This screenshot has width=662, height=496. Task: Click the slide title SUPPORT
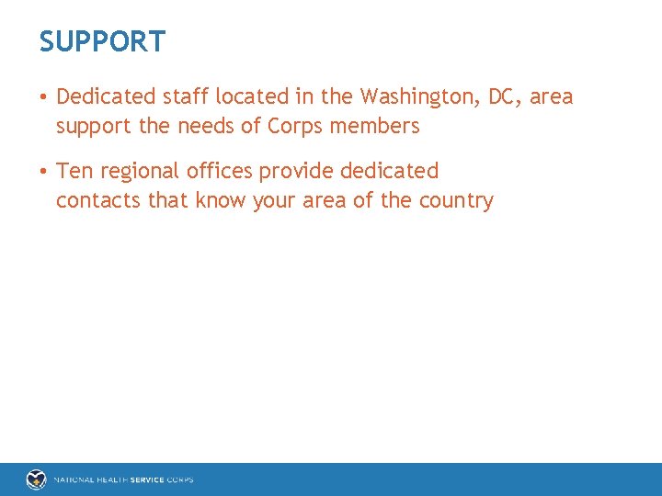102,41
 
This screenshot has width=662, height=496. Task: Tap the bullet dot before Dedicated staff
44,97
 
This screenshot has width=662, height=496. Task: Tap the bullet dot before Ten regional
44,172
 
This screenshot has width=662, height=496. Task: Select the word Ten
74,171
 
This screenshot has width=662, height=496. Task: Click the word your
273,201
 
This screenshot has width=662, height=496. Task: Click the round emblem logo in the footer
36,479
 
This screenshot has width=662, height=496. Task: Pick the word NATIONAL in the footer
74,479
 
